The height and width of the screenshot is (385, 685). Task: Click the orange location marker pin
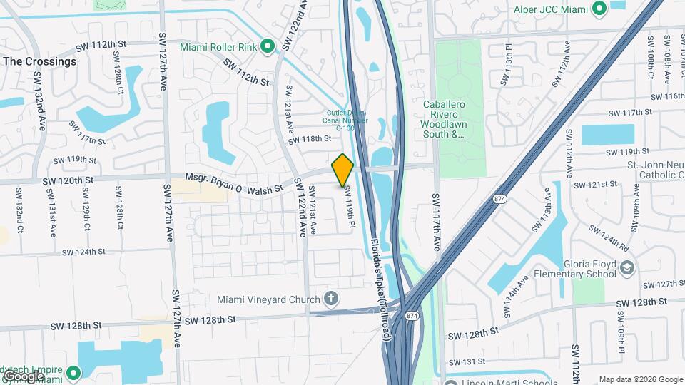pos(343,170)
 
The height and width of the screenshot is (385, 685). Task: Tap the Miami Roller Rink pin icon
pos(268,47)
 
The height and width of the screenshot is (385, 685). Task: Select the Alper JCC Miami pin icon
pos(599,9)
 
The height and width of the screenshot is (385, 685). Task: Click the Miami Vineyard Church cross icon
pos(330,297)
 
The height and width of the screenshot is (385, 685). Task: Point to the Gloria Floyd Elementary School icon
pos(627,267)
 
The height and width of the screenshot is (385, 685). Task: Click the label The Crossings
pos(39,61)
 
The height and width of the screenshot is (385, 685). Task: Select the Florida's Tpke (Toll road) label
pos(381,289)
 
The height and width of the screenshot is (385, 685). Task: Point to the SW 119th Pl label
pos(350,207)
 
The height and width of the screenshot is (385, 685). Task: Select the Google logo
pos(23,376)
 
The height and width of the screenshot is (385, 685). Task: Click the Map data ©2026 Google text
pos(640,379)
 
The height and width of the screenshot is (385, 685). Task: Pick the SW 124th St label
pos(83,252)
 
